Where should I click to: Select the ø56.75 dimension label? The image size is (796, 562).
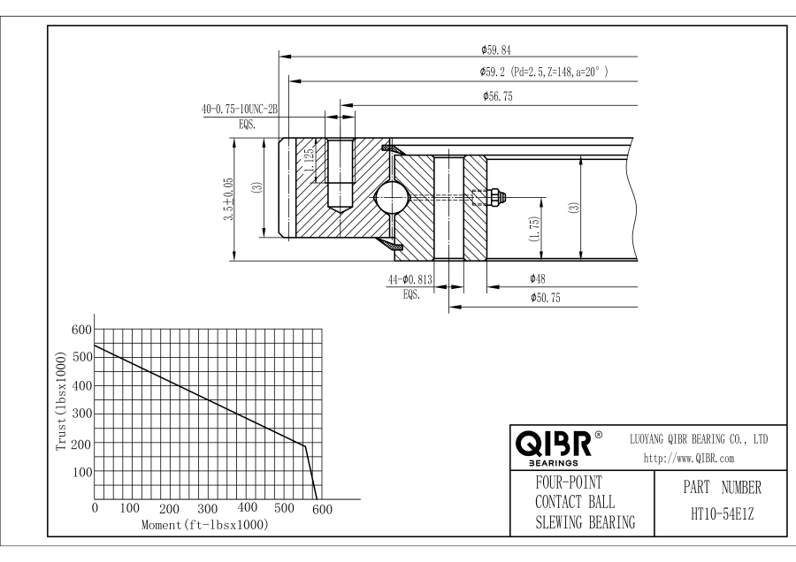499,97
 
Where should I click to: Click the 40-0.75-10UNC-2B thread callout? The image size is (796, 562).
240,110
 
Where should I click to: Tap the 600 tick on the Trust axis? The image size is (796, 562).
80,329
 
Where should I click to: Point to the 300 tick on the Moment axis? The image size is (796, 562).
208,510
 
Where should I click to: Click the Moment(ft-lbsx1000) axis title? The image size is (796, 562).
204,525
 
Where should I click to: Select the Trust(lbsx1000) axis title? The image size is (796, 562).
61,404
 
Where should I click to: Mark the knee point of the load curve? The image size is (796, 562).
304,445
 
